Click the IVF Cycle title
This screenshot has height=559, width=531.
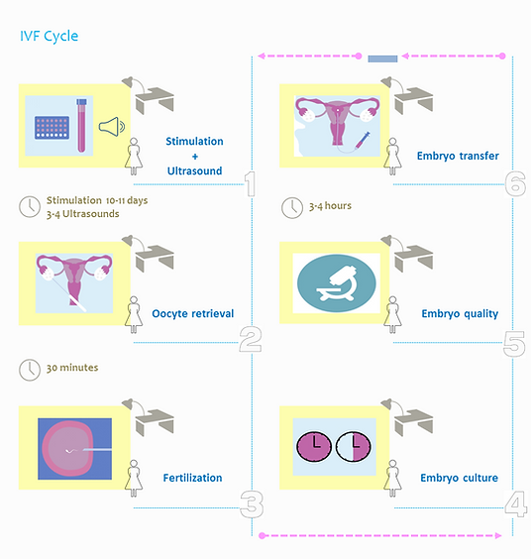point(49,37)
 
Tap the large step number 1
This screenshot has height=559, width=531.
point(251,184)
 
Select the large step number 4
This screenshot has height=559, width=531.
point(516,503)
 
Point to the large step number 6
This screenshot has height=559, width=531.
point(515,183)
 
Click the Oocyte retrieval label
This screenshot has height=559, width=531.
point(193,314)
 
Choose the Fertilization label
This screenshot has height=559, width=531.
point(192,478)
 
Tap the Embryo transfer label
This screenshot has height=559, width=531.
point(458,156)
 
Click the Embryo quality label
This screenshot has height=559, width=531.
point(460,314)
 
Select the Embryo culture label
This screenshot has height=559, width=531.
point(459,478)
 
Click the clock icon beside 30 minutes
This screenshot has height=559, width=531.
point(30,370)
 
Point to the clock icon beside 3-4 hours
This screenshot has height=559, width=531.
point(292,207)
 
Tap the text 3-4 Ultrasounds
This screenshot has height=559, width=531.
point(82,214)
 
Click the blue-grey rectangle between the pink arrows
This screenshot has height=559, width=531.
point(382,58)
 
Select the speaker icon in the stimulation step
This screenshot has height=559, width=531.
point(111,127)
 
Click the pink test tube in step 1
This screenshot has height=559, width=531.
point(81,126)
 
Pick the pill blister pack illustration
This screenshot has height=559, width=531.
point(53,128)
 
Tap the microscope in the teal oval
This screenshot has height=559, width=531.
point(337,283)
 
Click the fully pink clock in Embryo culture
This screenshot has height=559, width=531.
point(314,446)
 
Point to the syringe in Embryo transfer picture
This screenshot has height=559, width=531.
point(363,140)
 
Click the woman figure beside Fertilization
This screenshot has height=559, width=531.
point(134,478)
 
